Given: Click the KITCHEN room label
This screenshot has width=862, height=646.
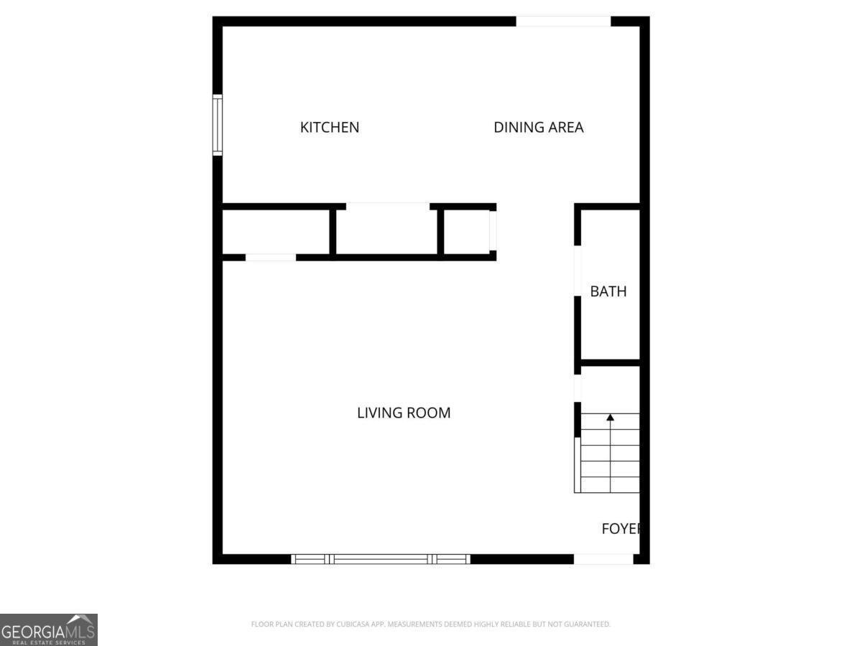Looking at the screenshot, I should pyautogui.click(x=329, y=128).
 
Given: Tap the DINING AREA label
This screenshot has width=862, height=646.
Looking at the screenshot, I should pyautogui.click(x=538, y=128).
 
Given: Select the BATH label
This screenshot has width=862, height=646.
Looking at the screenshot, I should pyautogui.click(x=608, y=291).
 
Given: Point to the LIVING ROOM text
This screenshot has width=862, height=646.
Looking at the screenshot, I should pyautogui.click(x=404, y=413).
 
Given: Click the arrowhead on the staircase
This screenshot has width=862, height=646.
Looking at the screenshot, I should pyautogui.click(x=611, y=417).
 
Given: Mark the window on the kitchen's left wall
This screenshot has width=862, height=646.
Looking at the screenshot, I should pyautogui.click(x=217, y=124).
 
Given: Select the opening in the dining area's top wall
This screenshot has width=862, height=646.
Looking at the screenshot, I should pyautogui.click(x=563, y=22).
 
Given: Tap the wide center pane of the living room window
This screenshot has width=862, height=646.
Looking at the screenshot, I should pyautogui.click(x=381, y=558).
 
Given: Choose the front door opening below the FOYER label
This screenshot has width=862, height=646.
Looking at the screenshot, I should pyautogui.click(x=603, y=558).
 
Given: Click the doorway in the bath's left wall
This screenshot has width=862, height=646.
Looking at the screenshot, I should pyautogui.click(x=577, y=271).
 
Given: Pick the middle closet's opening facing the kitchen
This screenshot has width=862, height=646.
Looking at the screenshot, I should pyautogui.click(x=388, y=207).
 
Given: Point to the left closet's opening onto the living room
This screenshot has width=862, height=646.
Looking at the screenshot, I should pyautogui.click(x=271, y=257).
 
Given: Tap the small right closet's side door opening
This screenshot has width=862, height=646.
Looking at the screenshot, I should pyautogui.click(x=493, y=230).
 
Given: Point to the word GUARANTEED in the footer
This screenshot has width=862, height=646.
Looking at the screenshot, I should pyautogui.click(x=585, y=624).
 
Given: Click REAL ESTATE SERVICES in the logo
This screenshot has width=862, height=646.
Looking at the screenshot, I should pyautogui.click(x=48, y=642).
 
